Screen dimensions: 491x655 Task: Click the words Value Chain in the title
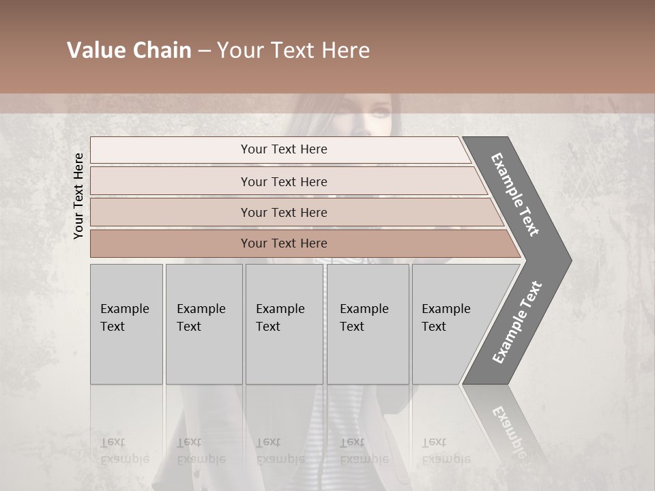click(x=129, y=50)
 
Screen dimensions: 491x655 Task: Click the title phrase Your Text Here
click(x=293, y=50)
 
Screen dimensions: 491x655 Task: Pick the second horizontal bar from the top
click(x=283, y=181)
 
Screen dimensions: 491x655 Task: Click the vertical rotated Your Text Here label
click(x=78, y=196)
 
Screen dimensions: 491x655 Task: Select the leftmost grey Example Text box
click(x=126, y=324)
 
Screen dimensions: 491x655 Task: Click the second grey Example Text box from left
click(x=204, y=324)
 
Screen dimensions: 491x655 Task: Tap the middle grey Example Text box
click(x=284, y=324)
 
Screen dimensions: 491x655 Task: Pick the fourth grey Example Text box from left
click(x=368, y=324)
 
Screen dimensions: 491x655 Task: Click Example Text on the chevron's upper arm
click(x=515, y=194)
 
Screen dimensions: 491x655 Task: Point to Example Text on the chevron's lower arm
click(x=516, y=322)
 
